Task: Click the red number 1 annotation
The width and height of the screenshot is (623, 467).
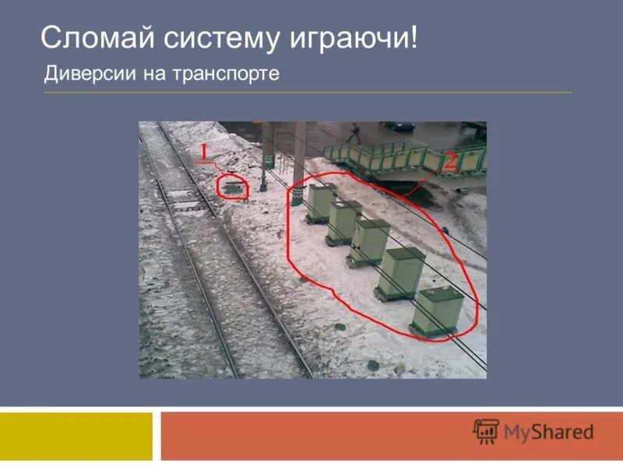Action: pyautogui.click(x=204, y=152)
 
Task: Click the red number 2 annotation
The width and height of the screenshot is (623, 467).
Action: pyautogui.click(x=449, y=160)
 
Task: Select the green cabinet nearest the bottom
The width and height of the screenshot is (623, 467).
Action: pyautogui.click(x=438, y=311)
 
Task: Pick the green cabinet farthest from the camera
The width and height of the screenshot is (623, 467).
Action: pyautogui.click(x=320, y=202)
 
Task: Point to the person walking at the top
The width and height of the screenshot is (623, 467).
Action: pyautogui.click(x=354, y=133)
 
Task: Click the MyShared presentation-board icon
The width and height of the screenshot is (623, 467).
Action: pyautogui.click(x=486, y=432)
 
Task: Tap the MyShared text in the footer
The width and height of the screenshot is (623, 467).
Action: pyautogui.click(x=548, y=432)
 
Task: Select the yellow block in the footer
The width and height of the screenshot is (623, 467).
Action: pyautogui.click(x=76, y=435)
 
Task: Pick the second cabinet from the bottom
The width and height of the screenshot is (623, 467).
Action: pyautogui.click(x=401, y=272)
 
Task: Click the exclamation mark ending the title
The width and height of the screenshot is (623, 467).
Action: pyautogui.click(x=413, y=39)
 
